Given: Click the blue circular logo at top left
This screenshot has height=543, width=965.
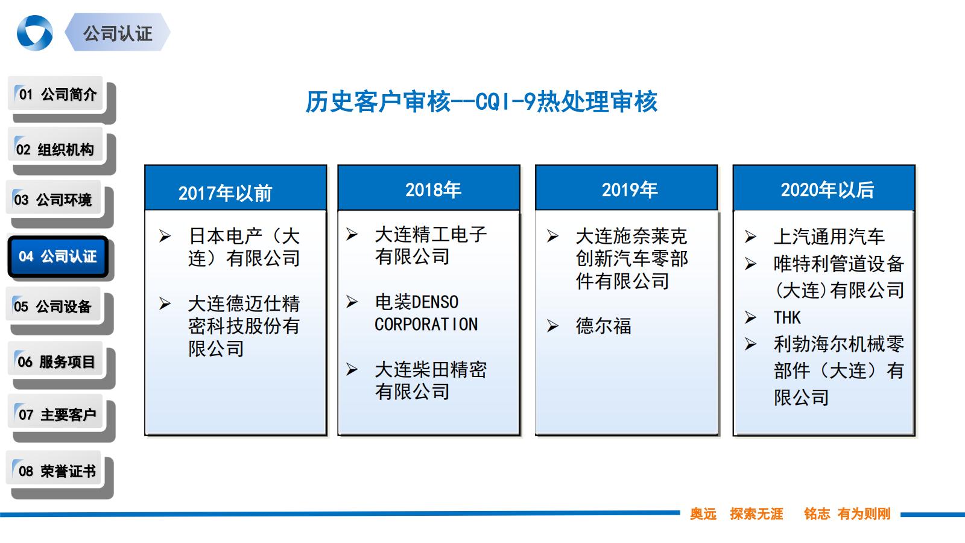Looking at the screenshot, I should pyautogui.click(x=34, y=33).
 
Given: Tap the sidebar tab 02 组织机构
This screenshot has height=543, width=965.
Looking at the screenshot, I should pyautogui.click(x=55, y=150).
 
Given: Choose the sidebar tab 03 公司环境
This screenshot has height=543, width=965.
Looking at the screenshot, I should pyautogui.click(x=53, y=200).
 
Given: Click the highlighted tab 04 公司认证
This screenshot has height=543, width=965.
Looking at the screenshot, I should pyautogui.click(x=58, y=256).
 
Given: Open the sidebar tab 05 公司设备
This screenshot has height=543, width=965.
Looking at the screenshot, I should pyautogui.click(x=53, y=306).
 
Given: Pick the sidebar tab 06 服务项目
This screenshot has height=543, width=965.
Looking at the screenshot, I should pyautogui.click(x=55, y=362).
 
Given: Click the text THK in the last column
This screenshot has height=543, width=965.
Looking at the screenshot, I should pyautogui.click(x=787, y=317).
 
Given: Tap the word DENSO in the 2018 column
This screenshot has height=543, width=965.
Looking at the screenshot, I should pyautogui.click(x=435, y=302).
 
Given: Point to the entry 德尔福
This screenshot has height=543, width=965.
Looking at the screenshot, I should pyautogui.click(x=603, y=326).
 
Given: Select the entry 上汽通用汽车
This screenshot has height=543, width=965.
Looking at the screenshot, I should pyautogui.click(x=829, y=237).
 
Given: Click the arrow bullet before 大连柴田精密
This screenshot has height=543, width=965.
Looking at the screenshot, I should pyautogui.click(x=352, y=369).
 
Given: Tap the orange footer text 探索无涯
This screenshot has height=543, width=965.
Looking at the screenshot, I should pyautogui.click(x=756, y=514).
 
